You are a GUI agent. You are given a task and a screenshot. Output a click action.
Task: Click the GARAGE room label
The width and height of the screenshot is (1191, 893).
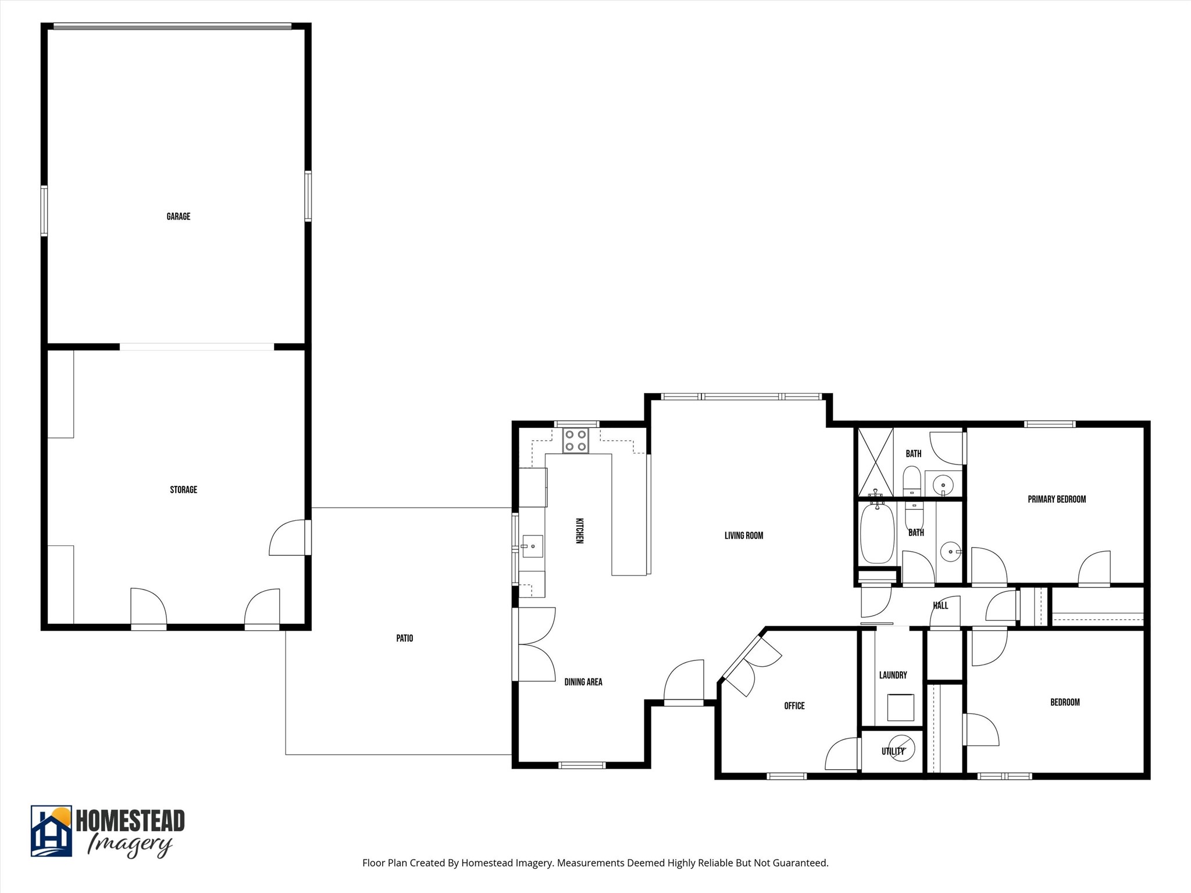point(178,216)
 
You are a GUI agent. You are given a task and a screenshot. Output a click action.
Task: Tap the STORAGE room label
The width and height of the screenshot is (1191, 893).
point(183,490)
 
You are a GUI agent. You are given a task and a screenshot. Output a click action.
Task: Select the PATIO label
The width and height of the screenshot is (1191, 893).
point(404,638)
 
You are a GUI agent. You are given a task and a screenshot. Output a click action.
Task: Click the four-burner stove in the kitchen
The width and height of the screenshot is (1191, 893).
point(575,440)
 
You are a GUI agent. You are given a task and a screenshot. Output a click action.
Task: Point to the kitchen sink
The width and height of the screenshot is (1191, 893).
point(532,546)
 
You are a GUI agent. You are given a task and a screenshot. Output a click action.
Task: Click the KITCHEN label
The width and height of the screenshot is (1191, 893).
point(579,530)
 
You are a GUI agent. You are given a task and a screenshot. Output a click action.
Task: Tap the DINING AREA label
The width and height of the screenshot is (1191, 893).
point(583,682)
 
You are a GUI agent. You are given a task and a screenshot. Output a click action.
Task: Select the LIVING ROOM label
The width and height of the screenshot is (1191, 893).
point(743,535)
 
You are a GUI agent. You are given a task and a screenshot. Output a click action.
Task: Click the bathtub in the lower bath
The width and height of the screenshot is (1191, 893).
point(876,534)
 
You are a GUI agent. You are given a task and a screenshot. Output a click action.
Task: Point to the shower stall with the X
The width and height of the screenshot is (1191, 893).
point(875,462)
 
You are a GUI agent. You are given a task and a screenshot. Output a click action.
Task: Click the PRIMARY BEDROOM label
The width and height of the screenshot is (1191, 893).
point(1056,499)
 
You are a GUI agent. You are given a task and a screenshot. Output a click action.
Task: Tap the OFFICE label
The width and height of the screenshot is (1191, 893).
point(794,706)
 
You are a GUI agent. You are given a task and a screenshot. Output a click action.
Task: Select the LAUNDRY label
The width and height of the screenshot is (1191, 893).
point(893,675)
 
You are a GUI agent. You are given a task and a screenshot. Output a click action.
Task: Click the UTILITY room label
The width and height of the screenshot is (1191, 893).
point(893,751)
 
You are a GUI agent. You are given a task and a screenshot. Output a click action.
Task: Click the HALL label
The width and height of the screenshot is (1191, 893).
point(940,605)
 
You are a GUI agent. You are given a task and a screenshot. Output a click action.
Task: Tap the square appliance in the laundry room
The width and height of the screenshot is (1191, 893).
point(900,708)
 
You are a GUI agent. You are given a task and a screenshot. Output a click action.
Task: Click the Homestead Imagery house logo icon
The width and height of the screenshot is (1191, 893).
point(51,831)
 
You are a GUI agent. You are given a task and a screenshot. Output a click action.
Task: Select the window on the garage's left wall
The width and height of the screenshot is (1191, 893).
point(44,210)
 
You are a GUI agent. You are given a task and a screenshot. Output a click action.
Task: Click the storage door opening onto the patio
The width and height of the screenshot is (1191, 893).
point(308,538)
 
